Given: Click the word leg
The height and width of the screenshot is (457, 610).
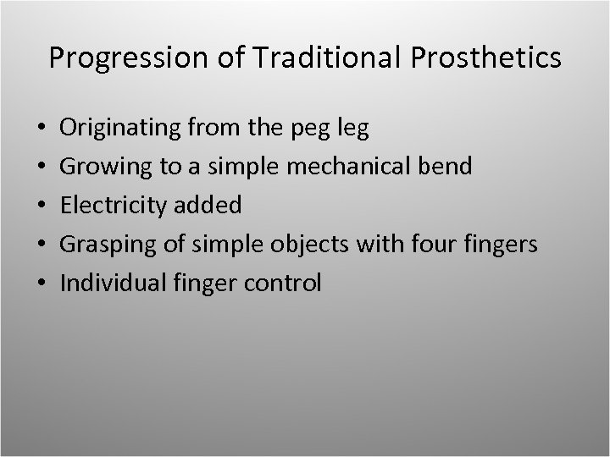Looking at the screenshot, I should [353, 129].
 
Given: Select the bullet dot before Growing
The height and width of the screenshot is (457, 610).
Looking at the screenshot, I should [42, 167].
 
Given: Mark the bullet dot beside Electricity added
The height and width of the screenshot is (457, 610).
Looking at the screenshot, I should [42, 206].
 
